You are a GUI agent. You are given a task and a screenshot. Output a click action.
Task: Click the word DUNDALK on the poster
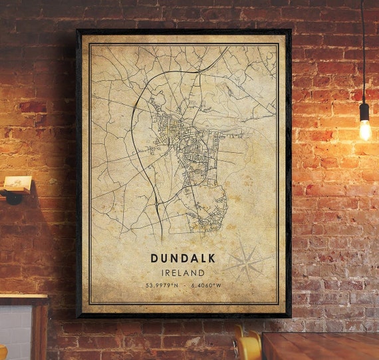(x=183, y=258)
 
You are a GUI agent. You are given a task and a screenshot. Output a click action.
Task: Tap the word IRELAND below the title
(x=183, y=272)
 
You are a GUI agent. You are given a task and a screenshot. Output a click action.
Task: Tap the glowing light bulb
(x=364, y=130)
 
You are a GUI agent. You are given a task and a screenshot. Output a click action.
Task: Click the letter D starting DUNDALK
(x=155, y=258)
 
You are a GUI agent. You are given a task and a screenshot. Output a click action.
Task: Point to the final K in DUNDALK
(x=211, y=258)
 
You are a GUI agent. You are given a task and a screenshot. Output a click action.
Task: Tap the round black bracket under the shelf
(x=13, y=197)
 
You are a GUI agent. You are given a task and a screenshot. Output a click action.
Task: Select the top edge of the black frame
(x=183, y=31)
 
